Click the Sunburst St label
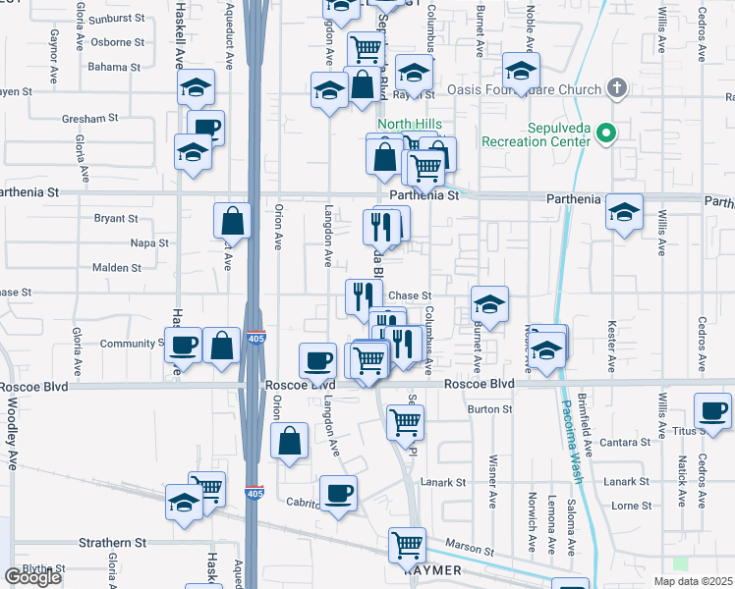(x=116, y=20)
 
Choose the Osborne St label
(x=116, y=43)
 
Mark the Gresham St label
(x=89, y=118)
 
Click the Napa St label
(x=149, y=242)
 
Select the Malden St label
(x=116, y=267)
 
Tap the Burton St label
(x=490, y=409)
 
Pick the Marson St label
(x=467, y=547)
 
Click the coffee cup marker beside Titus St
(x=713, y=410)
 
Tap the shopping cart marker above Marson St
(x=407, y=544)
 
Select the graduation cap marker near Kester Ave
(x=623, y=212)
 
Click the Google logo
(x=32, y=577)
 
